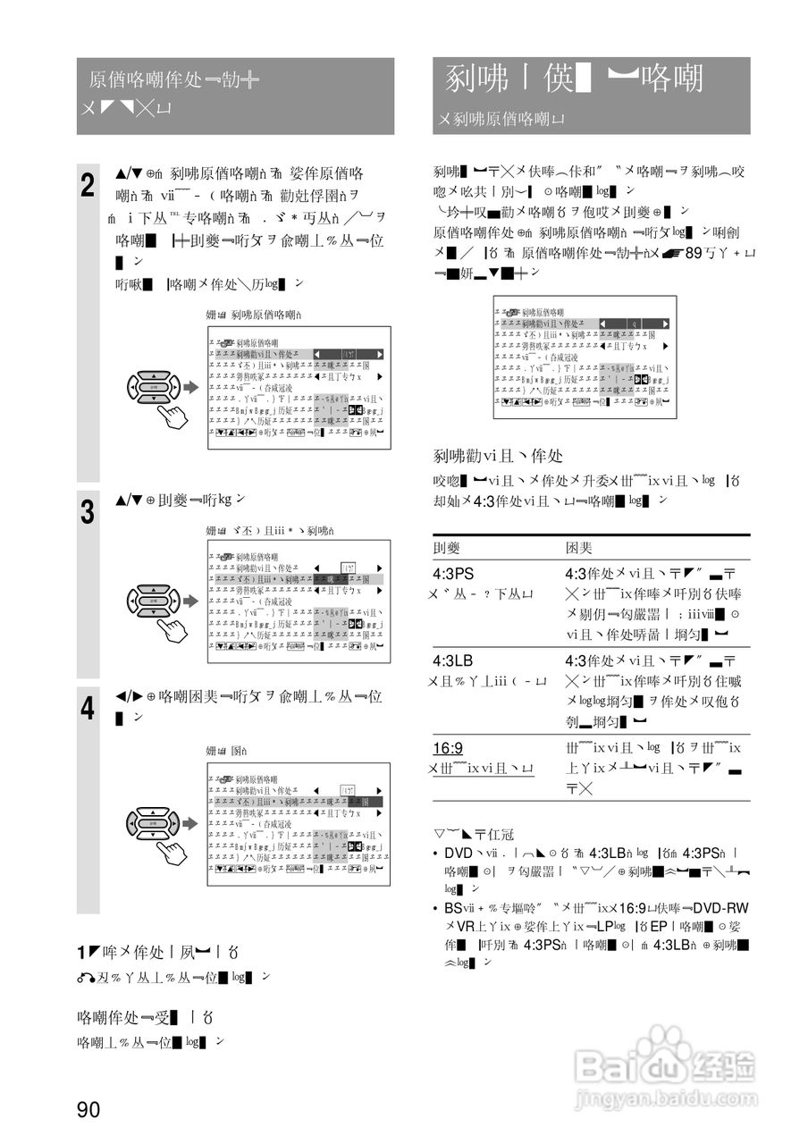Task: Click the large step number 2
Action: (88, 187)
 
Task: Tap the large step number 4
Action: (88, 709)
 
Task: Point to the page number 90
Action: (88, 1110)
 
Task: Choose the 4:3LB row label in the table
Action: (453, 661)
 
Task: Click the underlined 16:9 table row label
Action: (448, 748)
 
